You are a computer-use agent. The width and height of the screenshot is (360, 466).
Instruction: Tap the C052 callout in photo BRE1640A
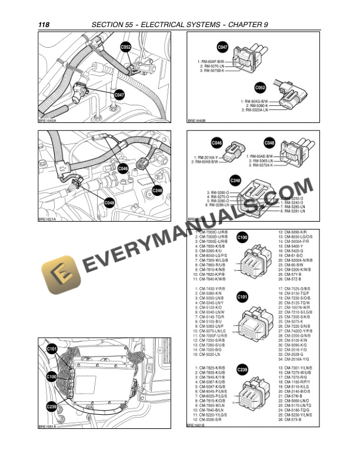point(126,45)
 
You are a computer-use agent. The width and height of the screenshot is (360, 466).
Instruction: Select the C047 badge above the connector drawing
point(223,46)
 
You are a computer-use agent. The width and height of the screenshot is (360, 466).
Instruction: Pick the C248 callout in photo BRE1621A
point(157,190)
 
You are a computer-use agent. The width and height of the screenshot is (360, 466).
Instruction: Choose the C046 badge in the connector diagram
point(217,142)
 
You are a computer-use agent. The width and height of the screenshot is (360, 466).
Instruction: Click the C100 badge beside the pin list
point(242,238)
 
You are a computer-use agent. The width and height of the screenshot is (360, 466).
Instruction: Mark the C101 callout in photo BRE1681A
point(51,349)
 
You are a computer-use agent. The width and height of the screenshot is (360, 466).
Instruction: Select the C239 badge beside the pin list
point(242,370)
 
